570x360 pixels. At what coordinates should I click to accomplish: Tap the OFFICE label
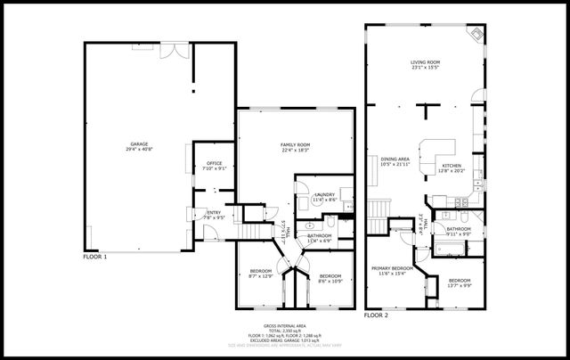point(214,164)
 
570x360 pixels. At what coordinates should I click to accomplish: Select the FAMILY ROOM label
point(295,144)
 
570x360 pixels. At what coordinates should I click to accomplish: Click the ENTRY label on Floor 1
point(214,212)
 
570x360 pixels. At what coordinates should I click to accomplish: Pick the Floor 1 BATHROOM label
point(319,235)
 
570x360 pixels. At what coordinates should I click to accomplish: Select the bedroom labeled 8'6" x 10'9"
point(330,276)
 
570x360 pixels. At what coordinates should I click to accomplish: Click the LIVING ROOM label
point(425,63)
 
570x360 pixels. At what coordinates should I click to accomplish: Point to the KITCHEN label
point(452,166)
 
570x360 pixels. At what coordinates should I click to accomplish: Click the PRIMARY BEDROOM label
point(392,268)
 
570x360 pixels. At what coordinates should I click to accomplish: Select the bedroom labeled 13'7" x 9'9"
point(459,281)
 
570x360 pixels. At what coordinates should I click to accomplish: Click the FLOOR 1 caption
point(94,257)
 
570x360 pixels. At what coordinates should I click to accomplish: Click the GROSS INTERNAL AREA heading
point(283,327)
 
